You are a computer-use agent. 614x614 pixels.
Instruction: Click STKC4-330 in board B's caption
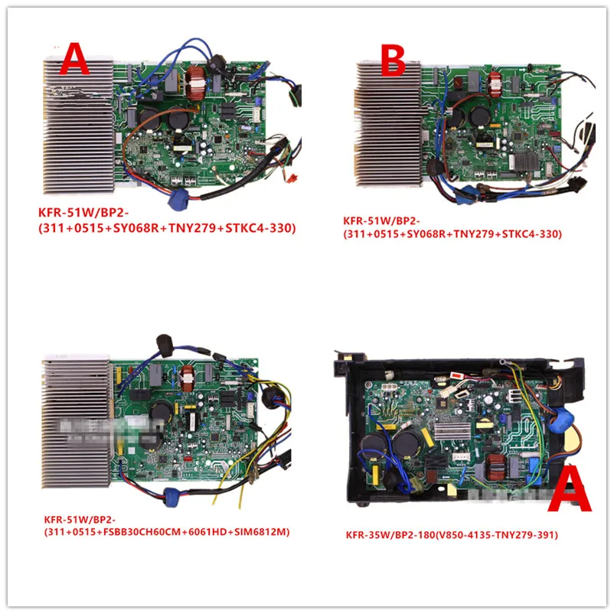532,234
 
